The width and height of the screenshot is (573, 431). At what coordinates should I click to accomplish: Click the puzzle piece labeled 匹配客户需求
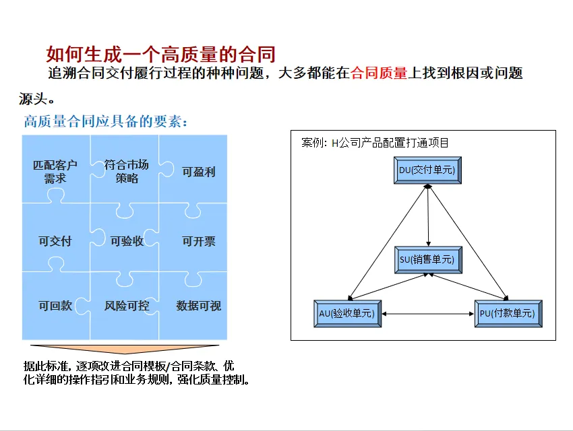[55, 171]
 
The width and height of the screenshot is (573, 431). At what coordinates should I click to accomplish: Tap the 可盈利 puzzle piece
[198, 171]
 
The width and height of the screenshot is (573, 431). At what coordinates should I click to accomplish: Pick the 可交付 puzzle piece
[55, 241]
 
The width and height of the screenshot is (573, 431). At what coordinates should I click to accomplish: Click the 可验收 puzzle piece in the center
[127, 241]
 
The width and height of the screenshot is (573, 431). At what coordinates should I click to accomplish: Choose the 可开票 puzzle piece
[198, 241]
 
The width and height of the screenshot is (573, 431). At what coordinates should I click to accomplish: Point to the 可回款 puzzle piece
[55, 305]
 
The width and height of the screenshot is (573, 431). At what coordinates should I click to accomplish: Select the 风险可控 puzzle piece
[127, 305]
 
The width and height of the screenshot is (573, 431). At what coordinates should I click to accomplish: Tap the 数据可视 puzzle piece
[198, 305]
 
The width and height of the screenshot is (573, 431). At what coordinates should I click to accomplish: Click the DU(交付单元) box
[427, 171]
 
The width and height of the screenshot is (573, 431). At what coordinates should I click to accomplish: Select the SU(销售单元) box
[427, 259]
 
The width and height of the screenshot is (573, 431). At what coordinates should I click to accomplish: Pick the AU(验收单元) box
[348, 312]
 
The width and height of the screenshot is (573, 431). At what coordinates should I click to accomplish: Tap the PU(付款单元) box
[508, 312]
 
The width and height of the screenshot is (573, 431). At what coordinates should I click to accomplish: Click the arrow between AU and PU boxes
[428, 313]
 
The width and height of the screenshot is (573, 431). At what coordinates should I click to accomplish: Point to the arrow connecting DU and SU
[428, 215]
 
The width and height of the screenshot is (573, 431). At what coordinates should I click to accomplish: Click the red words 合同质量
[380, 73]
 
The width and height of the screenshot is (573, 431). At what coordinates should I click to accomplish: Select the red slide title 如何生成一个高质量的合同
[160, 53]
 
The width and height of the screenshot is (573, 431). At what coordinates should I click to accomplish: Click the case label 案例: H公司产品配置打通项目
[375, 143]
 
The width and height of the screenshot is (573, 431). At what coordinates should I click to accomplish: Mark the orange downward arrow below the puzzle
[125, 349]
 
